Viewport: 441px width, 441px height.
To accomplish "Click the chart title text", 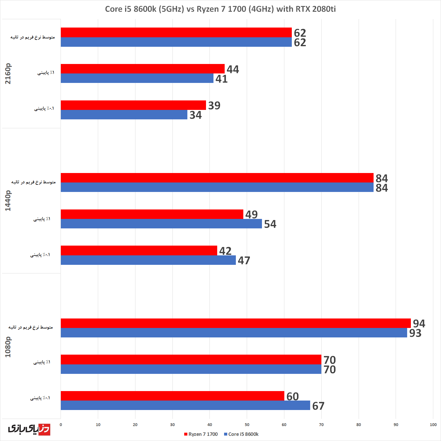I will point(220,9).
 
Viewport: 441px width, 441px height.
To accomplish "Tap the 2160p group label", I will point(8,73).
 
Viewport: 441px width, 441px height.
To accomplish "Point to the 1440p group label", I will point(8,201).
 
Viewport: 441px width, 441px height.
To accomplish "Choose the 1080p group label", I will point(8,347).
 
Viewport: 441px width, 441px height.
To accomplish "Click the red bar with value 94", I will point(236,323).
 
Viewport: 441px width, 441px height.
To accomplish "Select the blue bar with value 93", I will point(234,333).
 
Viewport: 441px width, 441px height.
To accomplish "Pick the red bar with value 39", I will point(133,105).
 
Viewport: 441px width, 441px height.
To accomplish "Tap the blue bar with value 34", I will point(124,115).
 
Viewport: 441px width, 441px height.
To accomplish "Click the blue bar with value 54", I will point(161,224).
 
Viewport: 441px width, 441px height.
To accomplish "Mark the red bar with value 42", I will point(139,250).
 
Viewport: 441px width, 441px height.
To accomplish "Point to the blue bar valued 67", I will point(185,405).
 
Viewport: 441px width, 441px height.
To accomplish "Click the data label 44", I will point(233,69).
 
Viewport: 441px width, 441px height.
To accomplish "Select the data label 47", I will point(244,261).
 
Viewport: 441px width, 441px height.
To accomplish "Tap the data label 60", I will point(292,397).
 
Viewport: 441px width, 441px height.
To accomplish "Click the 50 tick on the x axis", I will point(247,425).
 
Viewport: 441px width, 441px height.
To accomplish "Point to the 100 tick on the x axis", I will point(433,425).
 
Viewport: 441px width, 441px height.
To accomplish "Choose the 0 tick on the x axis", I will point(61,425).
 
